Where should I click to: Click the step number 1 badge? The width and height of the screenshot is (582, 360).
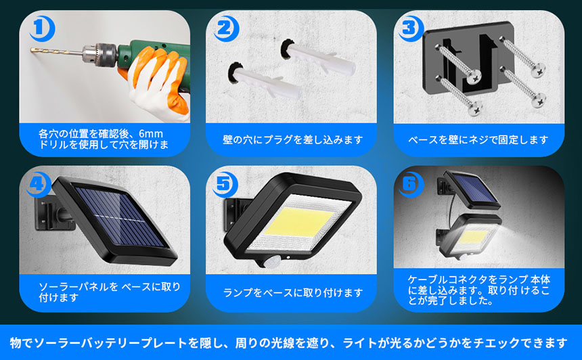(x=42, y=28)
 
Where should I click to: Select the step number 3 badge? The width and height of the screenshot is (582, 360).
(x=411, y=28)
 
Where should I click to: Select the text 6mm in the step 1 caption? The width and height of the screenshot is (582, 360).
(x=151, y=133)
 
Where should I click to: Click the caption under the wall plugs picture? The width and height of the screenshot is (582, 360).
(x=292, y=140)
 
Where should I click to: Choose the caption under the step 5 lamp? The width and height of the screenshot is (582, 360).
(x=292, y=293)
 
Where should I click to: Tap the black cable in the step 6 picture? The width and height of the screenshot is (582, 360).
(x=451, y=211)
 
